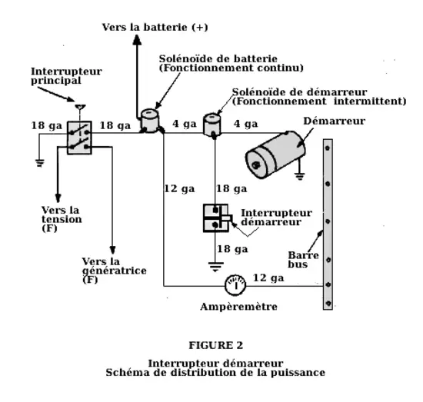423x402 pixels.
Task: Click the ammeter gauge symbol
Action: [x=235, y=285]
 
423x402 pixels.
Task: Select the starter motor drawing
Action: [x=275, y=154]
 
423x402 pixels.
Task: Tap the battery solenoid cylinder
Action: [x=150, y=121]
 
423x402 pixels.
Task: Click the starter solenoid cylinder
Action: [x=212, y=125]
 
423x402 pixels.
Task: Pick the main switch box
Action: [x=79, y=138]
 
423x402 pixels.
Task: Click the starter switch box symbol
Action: [x=217, y=218]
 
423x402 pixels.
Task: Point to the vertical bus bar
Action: [x=328, y=224]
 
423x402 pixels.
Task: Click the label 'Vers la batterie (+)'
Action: [x=155, y=27]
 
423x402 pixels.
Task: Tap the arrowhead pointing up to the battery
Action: [x=138, y=40]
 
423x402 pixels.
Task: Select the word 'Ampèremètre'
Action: [x=238, y=307]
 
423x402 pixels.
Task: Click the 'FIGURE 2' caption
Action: [x=216, y=345]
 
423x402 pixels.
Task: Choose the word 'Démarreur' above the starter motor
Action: [x=335, y=121]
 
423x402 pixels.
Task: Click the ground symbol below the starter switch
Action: [x=215, y=267]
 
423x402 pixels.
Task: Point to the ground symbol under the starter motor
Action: [x=300, y=176]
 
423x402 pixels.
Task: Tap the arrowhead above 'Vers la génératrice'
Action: [x=112, y=251]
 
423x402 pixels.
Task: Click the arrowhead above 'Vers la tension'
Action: [x=58, y=198]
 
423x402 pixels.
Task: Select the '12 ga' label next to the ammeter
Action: [x=268, y=277]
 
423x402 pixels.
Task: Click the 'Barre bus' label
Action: [x=303, y=260]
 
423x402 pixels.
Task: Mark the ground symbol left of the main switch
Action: [x=40, y=163]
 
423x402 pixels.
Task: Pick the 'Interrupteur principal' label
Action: [x=66, y=76]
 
